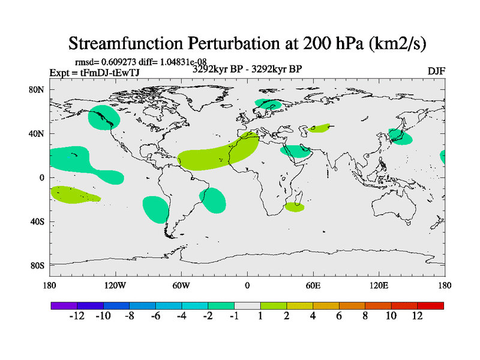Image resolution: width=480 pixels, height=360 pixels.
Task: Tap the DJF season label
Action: pos(436,71)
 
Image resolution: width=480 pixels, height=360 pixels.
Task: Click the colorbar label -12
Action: pos(77,316)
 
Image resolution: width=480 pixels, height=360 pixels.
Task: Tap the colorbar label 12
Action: pos(417,316)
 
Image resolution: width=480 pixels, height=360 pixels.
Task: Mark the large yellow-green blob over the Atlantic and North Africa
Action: pos(219,153)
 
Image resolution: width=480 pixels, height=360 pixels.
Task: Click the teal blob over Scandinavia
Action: pos(268,103)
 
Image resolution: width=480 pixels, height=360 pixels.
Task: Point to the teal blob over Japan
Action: pos(400,137)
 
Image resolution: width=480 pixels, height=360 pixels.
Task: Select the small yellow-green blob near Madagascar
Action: pos(294,207)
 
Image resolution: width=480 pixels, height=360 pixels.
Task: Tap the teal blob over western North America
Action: pos(103,118)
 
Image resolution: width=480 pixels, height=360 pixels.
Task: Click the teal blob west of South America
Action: pos(155,208)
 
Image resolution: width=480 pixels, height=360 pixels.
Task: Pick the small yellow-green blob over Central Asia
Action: pos(319,128)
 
